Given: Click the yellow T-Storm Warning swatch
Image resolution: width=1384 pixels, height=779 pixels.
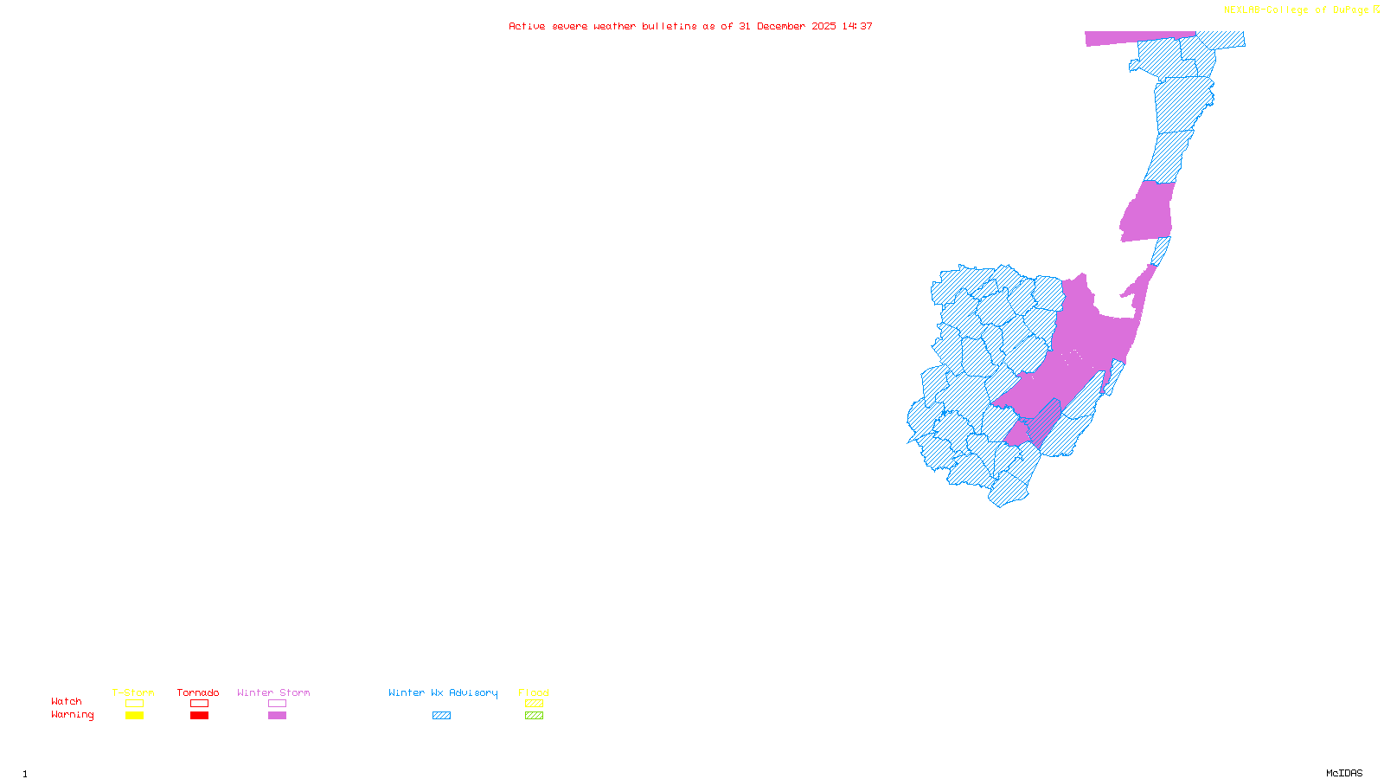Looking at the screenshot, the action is pyautogui.click(x=134, y=716).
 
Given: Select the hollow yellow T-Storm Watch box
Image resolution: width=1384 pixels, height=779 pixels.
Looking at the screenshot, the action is pyautogui.click(x=134, y=704).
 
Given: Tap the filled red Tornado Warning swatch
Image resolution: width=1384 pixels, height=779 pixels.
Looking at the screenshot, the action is pyautogui.click(x=200, y=716).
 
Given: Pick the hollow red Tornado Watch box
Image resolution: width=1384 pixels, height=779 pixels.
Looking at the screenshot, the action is pyautogui.click(x=200, y=704).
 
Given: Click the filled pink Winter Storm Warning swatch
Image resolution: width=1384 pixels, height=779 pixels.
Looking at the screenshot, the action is pyautogui.click(x=277, y=716).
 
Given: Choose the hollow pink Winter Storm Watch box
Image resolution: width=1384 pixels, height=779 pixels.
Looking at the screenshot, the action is pyautogui.click(x=277, y=704).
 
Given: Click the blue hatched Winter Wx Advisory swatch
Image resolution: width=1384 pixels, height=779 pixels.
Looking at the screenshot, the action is pyautogui.click(x=441, y=716).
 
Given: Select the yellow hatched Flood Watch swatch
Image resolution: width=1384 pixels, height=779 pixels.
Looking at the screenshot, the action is pyautogui.click(x=534, y=704).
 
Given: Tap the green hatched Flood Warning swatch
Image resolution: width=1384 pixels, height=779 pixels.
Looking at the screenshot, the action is pyautogui.click(x=534, y=716).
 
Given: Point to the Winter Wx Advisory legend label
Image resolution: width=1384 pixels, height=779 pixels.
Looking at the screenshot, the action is pyautogui.click(x=443, y=692).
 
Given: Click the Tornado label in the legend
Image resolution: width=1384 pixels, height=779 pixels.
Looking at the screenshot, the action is pyautogui.click(x=198, y=692).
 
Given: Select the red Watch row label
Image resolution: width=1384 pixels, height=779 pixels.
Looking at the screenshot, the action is pyautogui.click(x=67, y=702).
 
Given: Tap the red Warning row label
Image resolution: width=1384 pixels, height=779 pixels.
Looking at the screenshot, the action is pyautogui.click(x=73, y=715).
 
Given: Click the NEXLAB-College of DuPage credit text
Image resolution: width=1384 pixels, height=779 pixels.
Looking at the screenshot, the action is pyautogui.click(x=1297, y=10).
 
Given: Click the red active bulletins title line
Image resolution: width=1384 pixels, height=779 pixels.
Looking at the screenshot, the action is pyautogui.click(x=690, y=27).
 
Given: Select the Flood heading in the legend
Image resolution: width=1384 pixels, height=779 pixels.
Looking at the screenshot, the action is pyautogui.click(x=534, y=692).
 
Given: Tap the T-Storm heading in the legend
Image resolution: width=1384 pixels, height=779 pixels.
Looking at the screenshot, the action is pyautogui.click(x=133, y=692).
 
